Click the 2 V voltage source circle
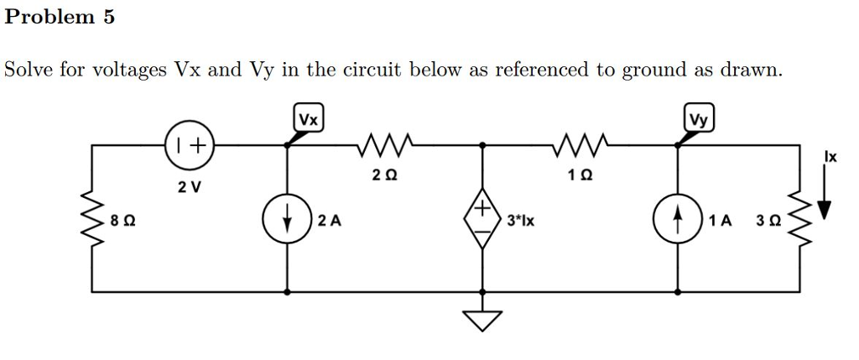(189, 145)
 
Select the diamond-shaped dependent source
(483, 221)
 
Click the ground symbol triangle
(483, 319)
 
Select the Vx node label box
(310, 119)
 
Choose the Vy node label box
(699, 119)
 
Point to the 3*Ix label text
(522, 222)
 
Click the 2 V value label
(189, 186)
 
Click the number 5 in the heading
(109, 18)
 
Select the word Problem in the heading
(49, 18)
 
